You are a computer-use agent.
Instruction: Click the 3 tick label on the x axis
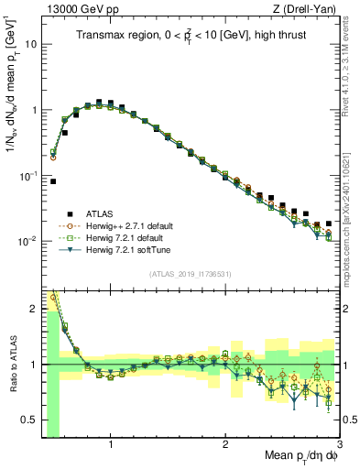point(339,444)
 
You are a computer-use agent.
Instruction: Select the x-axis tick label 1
point(111,444)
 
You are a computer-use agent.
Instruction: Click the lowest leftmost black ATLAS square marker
point(53,181)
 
